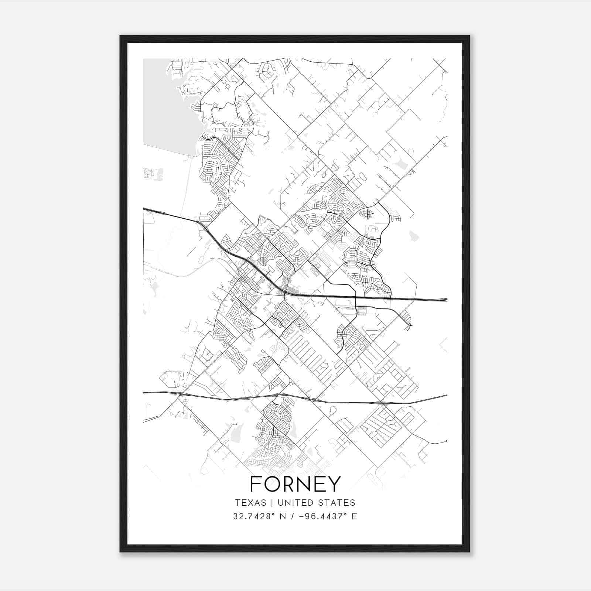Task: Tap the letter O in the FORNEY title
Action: point(272,484)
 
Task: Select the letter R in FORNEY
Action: point(289,484)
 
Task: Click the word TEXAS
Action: point(250,503)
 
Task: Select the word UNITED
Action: point(293,503)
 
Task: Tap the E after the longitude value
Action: point(354,516)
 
